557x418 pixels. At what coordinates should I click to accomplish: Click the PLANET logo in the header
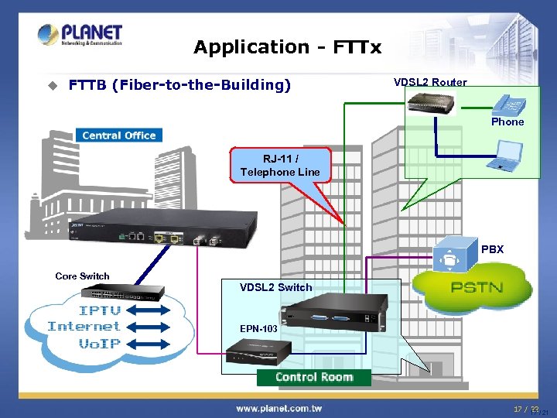[80, 35]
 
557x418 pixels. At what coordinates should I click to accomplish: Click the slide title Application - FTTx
[287, 47]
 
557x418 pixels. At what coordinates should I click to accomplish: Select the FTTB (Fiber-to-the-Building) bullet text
[179, 84]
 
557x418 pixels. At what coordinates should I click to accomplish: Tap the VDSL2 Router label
[430, 82]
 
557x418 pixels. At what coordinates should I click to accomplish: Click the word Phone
[507, 122]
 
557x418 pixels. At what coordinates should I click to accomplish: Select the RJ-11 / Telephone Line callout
[280, 165]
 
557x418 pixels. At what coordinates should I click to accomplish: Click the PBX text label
[492, 249]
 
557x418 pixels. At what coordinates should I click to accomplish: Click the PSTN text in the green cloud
[477, 288]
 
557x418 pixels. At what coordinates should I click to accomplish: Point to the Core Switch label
[82, 276]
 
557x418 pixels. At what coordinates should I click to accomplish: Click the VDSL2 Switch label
[276, 287]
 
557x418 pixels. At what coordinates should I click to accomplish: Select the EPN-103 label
[259, 328]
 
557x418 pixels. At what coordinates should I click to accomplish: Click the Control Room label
[314, 377]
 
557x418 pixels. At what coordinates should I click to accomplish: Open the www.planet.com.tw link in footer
[278, 408]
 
